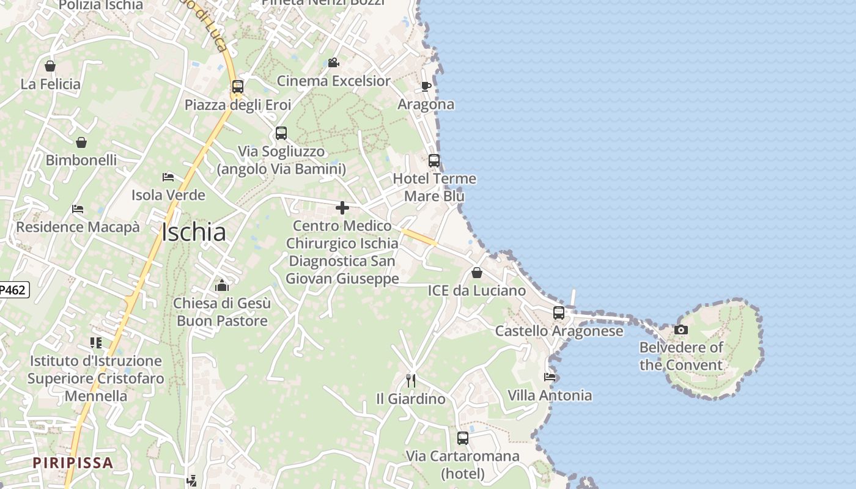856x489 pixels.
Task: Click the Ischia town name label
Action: pyautogui.click(x=194, y=232)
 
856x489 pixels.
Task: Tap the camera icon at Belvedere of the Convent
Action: pyautogui.click(x=681, y=329)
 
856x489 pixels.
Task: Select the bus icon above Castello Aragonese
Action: pyautogui.click(x=559, y=312)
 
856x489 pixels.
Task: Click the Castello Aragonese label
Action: pyautogui.click(x=559, y=331)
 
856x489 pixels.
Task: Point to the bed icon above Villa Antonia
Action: pyautogui.click(x=550, y=377)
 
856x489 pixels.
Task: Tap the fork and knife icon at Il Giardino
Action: pyautogui.click(x=411, y=380)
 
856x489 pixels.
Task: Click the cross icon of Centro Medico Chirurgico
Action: pyautogui.click(x=342, y=208)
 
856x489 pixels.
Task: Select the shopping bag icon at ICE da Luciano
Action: pyautogui.click(x=476, y=272)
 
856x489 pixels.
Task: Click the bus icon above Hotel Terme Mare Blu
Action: pyautogui.click(x=434, y=161)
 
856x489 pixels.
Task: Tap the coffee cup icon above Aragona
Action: pyautogui.click(x=426, y=86)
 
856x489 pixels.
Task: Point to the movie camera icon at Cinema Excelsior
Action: pyautogui.click(x=333, y=62)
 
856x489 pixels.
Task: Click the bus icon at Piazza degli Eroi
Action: pyautogui.click(x=238, y=87)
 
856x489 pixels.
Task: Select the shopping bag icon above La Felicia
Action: pyautogui.click(x=50, y=66)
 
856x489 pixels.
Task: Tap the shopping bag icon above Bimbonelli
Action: pyautogui.click(x=81, y=142)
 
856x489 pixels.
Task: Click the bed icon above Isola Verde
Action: pyautogui.click(x=168, y=177)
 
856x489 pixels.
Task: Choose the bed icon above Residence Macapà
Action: pyautogui.click(x=78, y=208)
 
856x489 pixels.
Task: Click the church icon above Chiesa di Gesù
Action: pyautogui.click(x=221, y=285)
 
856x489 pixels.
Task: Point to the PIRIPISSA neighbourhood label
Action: pyautogui.click(x=73, y=463)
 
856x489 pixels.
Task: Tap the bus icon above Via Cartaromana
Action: pyautogui.click(x=463, y=438)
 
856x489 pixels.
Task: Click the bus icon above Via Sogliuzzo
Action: pyautogui.click(x=281, y=133)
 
